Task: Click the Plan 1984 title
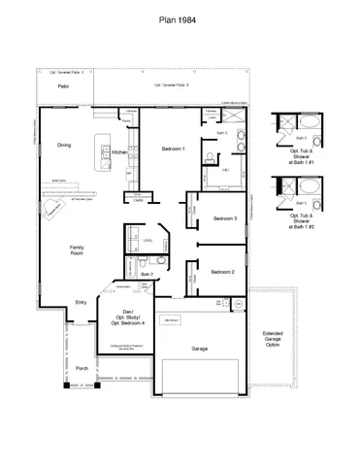[180, 17]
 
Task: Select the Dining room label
[64, 145]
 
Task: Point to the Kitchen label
[119, 152]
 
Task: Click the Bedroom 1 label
[173, 149]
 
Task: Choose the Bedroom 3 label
[225, 218]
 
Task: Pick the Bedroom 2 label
[225, 271]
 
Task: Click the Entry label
[82, 303]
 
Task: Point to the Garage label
[200, 347]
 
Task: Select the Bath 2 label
[147, 275]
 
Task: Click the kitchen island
[102, 156]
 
